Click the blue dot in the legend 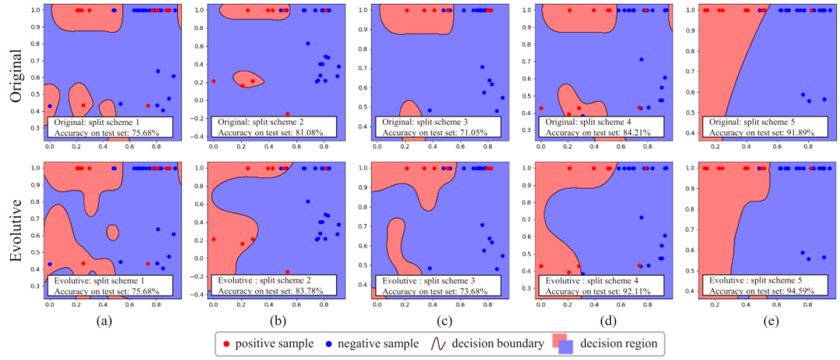click(x=331, y=343)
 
